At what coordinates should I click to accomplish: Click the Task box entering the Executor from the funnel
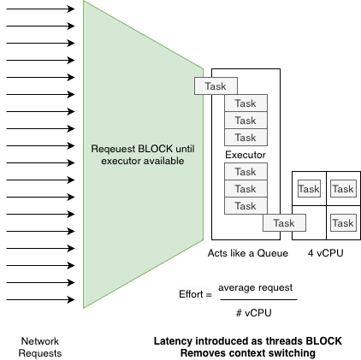pos(216,86)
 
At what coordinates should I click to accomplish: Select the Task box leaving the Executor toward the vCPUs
pos(284,222)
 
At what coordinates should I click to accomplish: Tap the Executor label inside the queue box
pos(246,155)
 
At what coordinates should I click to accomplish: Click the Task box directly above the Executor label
pos(246,137)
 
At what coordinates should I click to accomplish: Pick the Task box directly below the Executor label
pos(246,171)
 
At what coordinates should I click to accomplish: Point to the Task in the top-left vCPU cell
pos(309,188)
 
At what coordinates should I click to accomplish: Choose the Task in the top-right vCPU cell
pos(343,188)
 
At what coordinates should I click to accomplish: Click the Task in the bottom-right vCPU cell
pos(343,222)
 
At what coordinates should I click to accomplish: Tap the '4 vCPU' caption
pos(326,253)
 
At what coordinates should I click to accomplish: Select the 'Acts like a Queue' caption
pos(248,253)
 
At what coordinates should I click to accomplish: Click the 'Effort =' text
pos(195,294)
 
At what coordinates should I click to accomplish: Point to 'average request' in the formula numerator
pos(256,287)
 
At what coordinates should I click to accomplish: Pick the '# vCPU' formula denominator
pos(254,313)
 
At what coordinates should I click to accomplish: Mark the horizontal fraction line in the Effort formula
pos(258,299)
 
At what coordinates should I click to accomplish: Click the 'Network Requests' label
pos(40,347)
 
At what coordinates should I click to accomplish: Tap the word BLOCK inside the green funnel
pos(156,149)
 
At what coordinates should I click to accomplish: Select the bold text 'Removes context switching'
pos(248,353)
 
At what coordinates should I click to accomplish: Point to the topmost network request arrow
pos(40,9)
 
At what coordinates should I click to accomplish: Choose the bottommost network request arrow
pos(40,299)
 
